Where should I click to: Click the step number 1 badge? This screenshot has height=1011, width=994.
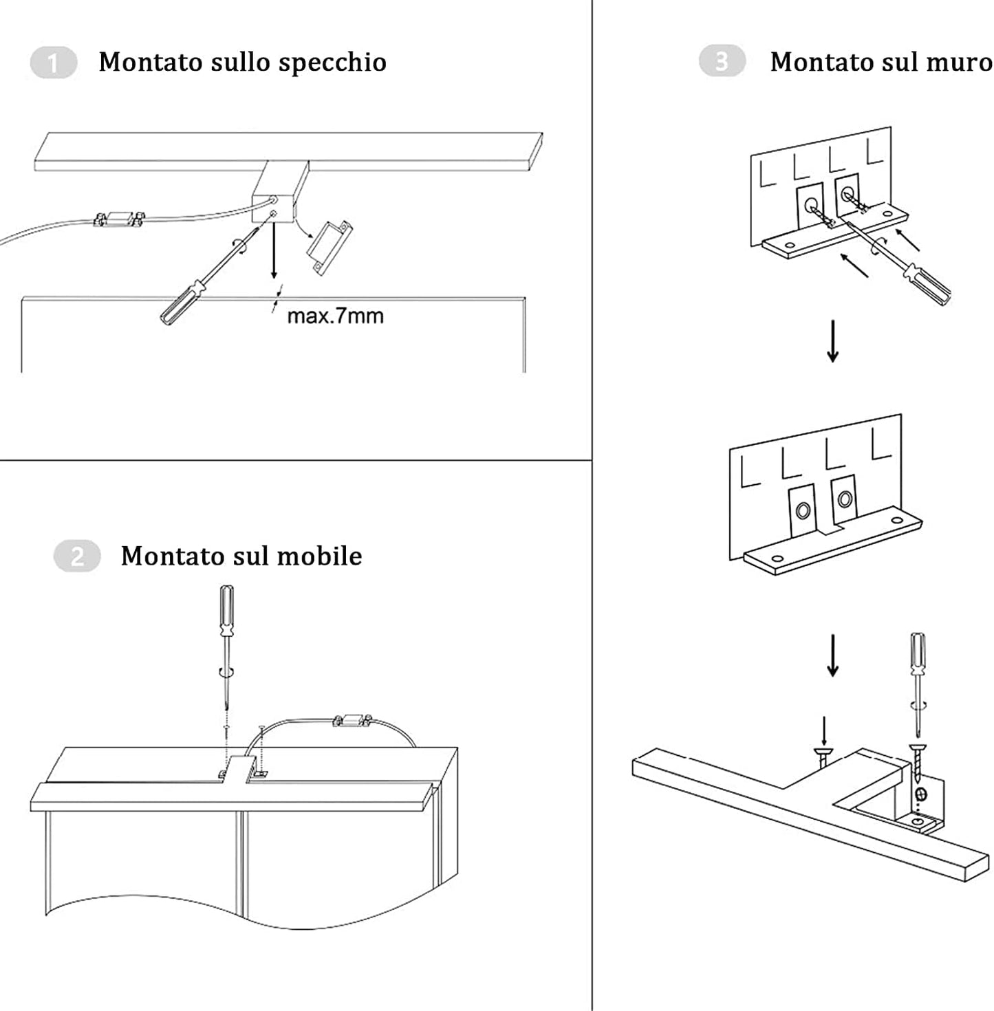[53, 63]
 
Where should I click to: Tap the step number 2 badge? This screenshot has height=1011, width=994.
[77, 556]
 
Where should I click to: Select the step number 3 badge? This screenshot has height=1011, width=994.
[722, 62]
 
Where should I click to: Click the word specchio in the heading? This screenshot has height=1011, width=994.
[333, 63]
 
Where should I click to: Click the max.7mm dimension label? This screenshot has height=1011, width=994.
[335, 316]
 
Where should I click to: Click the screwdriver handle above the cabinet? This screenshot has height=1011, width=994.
[226, 611]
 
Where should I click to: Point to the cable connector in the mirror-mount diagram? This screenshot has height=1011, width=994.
[119, 219]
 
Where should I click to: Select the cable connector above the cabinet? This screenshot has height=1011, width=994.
[352, 721]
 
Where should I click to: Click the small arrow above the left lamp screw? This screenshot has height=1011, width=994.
[823, 731]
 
